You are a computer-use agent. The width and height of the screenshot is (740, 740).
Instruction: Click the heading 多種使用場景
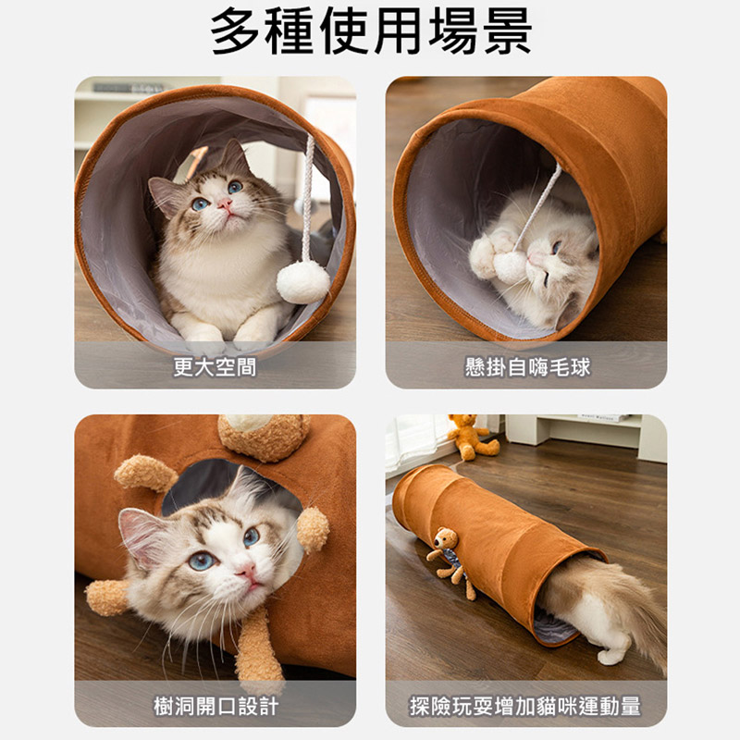[x=371, y=31]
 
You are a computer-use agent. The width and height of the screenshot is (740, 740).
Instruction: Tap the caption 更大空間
[x=215, y=366]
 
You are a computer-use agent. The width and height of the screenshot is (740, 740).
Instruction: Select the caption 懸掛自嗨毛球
[x=527, y=366]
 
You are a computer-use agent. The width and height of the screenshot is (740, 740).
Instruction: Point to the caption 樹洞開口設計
[x=216, y=706]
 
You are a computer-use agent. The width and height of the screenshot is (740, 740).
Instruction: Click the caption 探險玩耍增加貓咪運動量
[x=525, y=706]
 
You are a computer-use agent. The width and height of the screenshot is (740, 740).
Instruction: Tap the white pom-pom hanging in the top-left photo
[x=303, y=282]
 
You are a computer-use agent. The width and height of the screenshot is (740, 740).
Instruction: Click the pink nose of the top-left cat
[x=225, y=203]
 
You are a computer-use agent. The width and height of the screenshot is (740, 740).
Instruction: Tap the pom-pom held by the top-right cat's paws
[x=510, y=267]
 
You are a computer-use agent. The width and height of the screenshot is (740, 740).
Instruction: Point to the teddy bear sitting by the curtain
[x=470, y=437]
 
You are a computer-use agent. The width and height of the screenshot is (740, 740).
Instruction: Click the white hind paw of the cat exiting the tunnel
[x=611, y=657]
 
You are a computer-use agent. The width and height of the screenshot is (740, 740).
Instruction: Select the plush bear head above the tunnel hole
[x=264, y=436]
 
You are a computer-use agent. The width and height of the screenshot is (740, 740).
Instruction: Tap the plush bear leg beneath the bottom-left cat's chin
[x=256, y=647]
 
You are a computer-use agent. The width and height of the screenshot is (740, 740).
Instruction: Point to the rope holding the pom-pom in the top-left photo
[x=307, y=198]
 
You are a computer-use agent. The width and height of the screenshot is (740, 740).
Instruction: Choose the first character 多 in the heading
[x=235, y=31]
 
